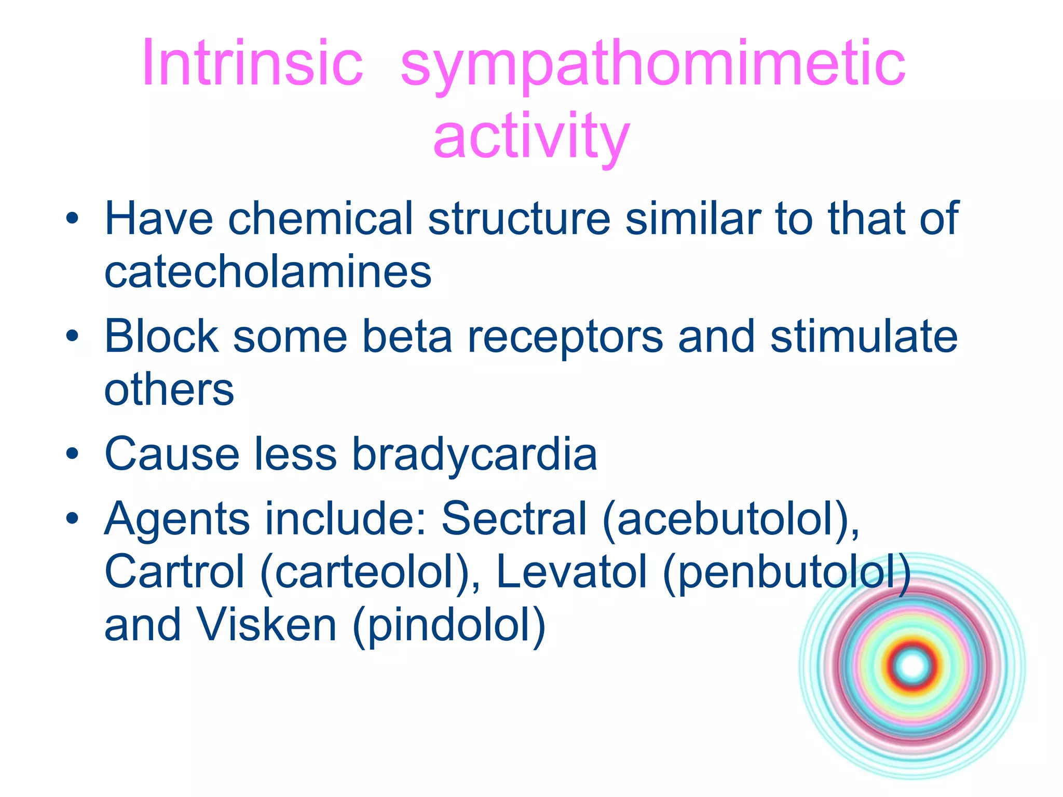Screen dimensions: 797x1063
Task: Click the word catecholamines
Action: tap(268, 272)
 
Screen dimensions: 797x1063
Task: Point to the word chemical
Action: tap(320, 219)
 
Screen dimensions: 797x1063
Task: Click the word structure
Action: tap(519, 219)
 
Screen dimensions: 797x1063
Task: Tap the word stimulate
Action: tap(864, 337)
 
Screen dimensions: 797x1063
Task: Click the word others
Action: tap(169, 390)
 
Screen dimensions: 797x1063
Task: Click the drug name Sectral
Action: tap(514, 519)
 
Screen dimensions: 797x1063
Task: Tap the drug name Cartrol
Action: tap(174, 572)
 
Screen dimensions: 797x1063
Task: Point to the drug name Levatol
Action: tap(572, 572)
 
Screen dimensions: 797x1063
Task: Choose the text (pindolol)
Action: tap(449, 626)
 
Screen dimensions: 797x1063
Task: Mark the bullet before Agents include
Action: tap(72, 518)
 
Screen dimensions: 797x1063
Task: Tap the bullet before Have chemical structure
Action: tap(72, 218)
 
